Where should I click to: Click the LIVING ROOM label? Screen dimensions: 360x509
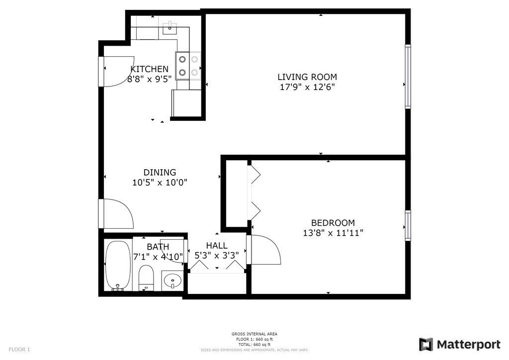[307, 77]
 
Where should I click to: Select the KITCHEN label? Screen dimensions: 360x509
[149, 69]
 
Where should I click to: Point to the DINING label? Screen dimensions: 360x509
[160, 173]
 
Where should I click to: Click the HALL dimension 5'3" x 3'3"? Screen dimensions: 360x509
[217, 255]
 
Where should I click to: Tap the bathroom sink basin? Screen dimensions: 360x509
[172, 281]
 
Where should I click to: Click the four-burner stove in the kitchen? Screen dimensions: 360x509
[188, 66]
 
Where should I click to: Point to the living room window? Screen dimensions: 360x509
[408, 76]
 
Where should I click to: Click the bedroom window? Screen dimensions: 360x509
[408, 226]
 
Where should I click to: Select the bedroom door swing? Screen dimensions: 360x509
[265, 250]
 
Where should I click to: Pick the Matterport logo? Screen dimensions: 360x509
[459, 345]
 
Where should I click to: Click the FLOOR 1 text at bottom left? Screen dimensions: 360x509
[19, 350]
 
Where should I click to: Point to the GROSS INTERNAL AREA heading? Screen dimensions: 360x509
[254, 334]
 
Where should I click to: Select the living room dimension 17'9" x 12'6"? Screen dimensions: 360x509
[307, 87]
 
